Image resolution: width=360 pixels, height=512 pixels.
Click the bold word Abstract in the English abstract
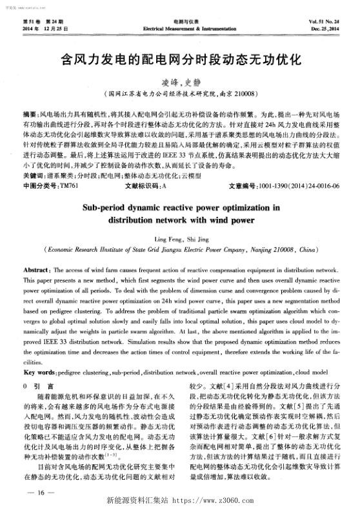pos(37,267)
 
